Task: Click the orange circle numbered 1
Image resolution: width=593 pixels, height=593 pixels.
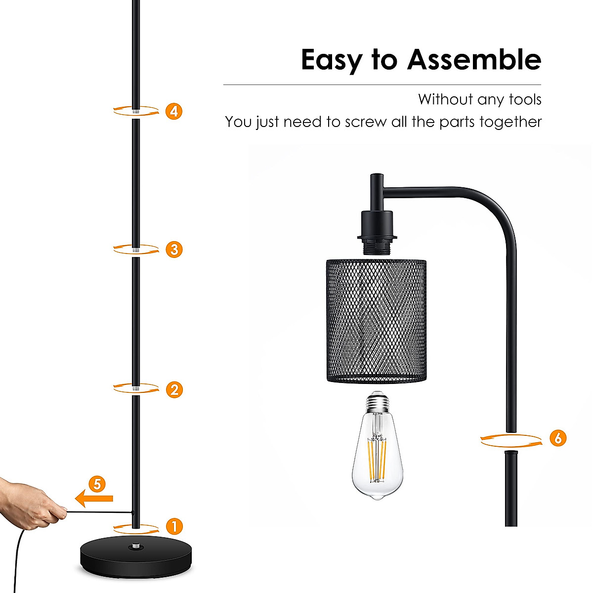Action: tap(174, 526)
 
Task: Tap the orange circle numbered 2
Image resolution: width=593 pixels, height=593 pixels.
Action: tap(174, 389)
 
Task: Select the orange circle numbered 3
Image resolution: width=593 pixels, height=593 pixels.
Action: tap(174, 249)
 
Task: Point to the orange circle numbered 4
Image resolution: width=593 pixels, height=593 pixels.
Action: tap(174, 111)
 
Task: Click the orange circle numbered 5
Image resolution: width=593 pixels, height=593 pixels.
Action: tap(97, 484)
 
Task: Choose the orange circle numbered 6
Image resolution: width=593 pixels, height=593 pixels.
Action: tap(558, 438)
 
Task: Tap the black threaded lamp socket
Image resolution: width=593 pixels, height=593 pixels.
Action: tap(377, 232)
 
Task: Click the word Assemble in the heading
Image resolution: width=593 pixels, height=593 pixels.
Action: tap(474, 60)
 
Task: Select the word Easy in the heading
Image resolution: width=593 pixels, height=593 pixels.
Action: tap(331, 60)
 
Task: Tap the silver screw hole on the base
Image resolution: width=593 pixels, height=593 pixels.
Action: tap(135, 547)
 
